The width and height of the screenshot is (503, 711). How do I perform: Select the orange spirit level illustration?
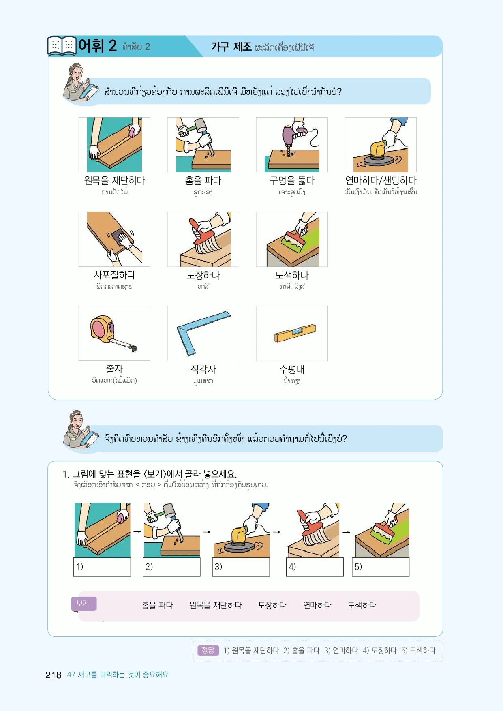point(295,333)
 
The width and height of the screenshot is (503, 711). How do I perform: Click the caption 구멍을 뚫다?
point(292,181)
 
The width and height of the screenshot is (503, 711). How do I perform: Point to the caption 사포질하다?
point(114,275)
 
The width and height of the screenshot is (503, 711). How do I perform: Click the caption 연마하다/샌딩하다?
point(381,181)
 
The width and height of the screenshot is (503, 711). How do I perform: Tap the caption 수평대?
point(292,369)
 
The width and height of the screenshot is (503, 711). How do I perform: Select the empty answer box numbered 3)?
point(241,567)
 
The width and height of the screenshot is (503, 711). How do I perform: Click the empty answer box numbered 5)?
point(381,567)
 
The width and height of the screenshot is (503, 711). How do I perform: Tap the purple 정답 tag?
point(208,650)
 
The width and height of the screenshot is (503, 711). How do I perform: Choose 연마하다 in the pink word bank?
point(317,605)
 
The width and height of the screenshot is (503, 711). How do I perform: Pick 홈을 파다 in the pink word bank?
point(157,605)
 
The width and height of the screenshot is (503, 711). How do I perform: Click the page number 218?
point(53,675)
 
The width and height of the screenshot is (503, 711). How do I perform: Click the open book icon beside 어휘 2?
point(62,45)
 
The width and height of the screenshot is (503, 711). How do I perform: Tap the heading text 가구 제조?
point(231,47)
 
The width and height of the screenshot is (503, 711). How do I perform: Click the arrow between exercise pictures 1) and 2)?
point(137,531)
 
